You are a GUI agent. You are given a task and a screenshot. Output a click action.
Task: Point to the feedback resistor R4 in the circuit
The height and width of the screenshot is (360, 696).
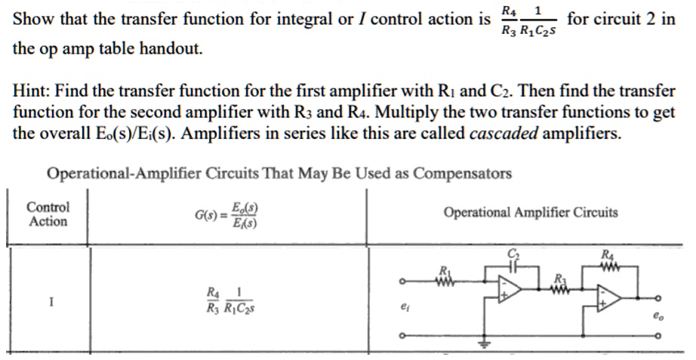[608, 267]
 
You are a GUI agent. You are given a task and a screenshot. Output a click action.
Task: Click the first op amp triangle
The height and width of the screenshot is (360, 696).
[509, 292]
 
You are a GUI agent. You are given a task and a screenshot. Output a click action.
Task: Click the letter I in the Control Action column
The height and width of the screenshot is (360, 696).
[51, 302]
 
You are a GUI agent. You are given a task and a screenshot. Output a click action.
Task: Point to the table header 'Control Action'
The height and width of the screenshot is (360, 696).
[48, 214]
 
